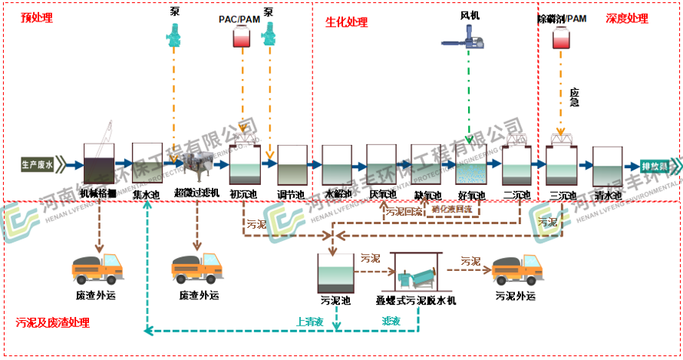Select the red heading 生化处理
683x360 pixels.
click(x=347, y=21)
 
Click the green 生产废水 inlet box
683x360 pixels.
click(x=37, y=164)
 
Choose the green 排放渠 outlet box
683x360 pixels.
click(x=658, y=165)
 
